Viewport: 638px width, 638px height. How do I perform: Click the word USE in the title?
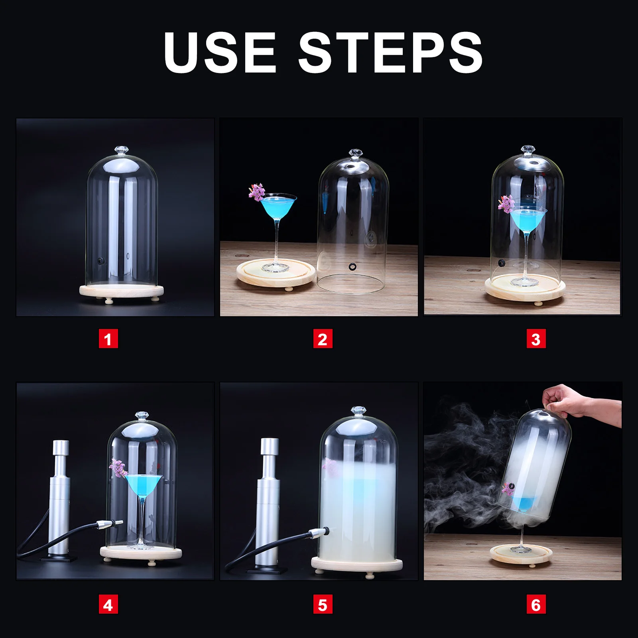point(220,52)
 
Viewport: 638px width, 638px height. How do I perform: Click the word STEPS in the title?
point(391,52)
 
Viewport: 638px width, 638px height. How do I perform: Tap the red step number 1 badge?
point(108,339)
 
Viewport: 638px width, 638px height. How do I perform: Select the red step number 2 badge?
point(323,339)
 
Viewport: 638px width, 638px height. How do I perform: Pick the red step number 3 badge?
point(536,339)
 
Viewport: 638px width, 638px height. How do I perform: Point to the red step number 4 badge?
point(108,604)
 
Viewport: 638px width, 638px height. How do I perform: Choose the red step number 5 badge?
point(323,604)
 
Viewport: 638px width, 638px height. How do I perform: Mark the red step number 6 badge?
point(536,604)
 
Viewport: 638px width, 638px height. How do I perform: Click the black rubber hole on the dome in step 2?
point(352,266)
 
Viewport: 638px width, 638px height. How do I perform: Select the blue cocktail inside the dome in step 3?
point(527,218)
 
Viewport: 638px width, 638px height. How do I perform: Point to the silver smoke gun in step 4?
point(60,499)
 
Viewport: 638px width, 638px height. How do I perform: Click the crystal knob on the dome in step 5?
point(358,411)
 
